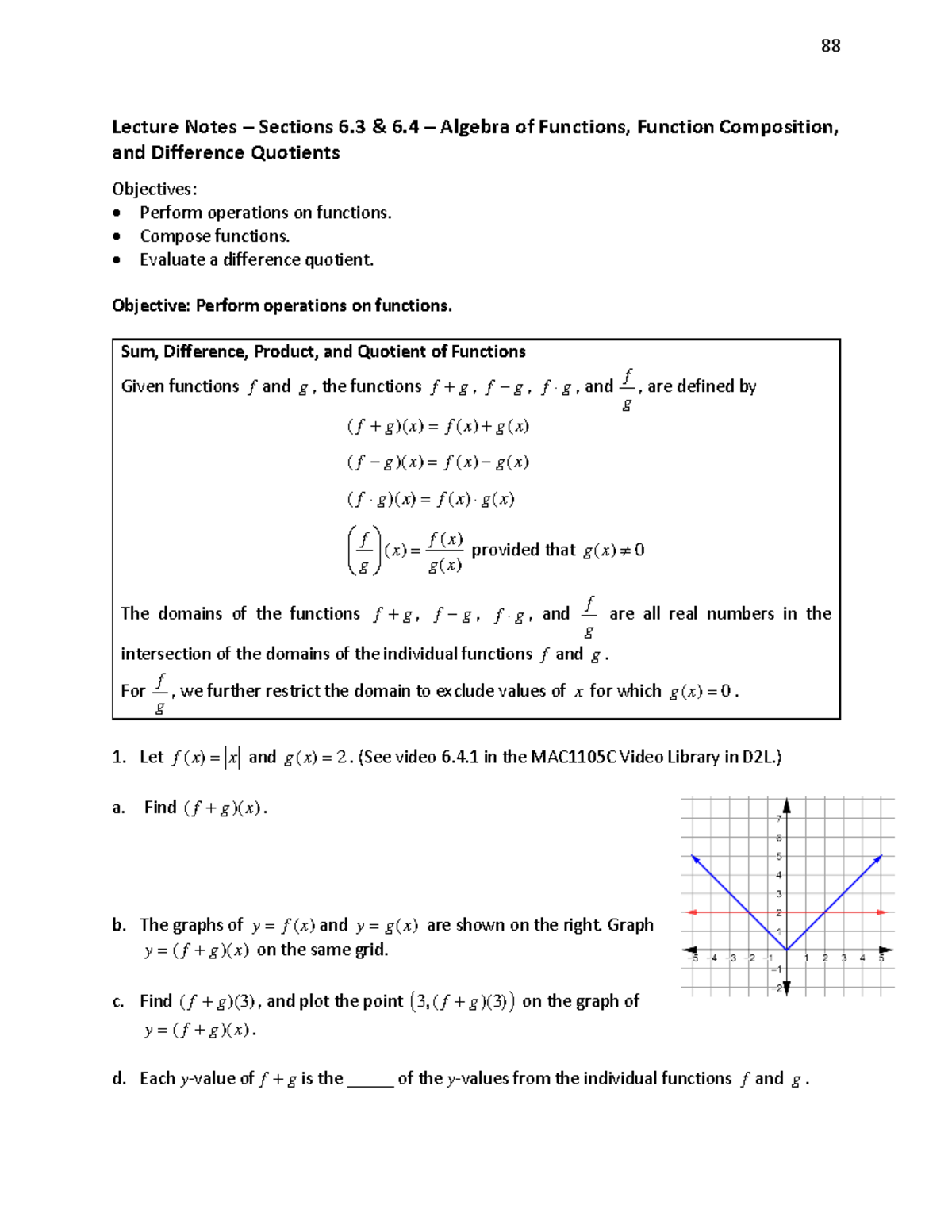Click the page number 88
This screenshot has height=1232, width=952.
(831, 46)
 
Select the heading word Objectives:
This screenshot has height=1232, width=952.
(154, 189)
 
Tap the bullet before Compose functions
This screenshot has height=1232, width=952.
(117, 236)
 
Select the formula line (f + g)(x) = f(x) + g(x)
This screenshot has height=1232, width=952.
(438, 427)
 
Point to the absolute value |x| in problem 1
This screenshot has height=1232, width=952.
(232, 758)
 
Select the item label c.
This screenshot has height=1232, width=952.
(118, 1002)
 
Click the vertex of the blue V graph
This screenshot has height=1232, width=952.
(787, 950)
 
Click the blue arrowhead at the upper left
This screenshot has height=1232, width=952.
(694, 858)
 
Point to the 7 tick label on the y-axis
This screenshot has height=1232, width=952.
(779, 819)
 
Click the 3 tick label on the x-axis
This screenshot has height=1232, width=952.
(843, 958)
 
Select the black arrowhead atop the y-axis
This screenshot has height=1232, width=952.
(787, 805)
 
